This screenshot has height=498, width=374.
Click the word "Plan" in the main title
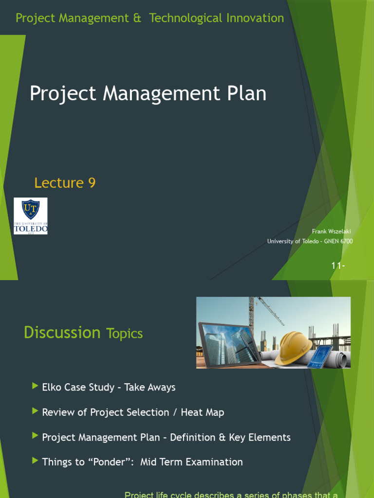click(x=246, y=94)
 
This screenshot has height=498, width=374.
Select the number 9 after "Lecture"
click(x=92, y=183)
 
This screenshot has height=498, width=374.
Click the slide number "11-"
click(x=337, y=266)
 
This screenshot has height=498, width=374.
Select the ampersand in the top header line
click(x=137, y=18)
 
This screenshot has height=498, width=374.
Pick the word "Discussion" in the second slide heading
click(x=62, y=333)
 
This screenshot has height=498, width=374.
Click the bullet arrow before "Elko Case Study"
click(x=35, y=386)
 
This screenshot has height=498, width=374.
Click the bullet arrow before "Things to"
click(x=35, y=461)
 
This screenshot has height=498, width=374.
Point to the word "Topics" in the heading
click(x=124, y=334)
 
